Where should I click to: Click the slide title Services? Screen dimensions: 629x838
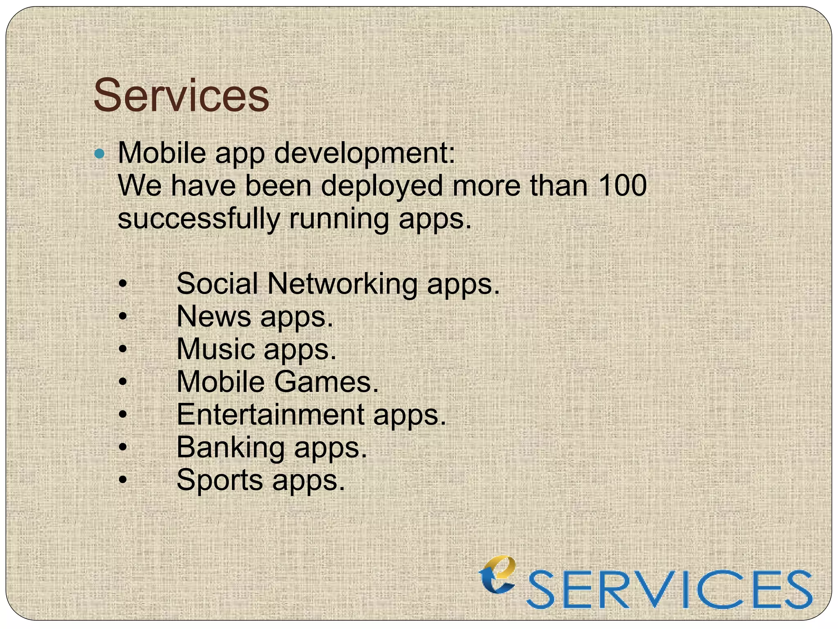(181, 96)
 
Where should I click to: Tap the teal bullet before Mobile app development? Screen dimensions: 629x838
(99, 154)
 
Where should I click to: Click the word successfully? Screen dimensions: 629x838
(199, 219)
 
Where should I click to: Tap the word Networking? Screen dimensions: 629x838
(342, 284)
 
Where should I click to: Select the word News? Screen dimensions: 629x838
(214, 317)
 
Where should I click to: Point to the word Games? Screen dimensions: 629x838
(326, 382)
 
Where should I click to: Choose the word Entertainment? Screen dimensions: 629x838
(270, 415)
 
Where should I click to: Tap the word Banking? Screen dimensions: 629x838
(230, 448)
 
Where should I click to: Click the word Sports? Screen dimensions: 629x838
(220, 481)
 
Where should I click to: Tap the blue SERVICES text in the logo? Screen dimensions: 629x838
(669, 590)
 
